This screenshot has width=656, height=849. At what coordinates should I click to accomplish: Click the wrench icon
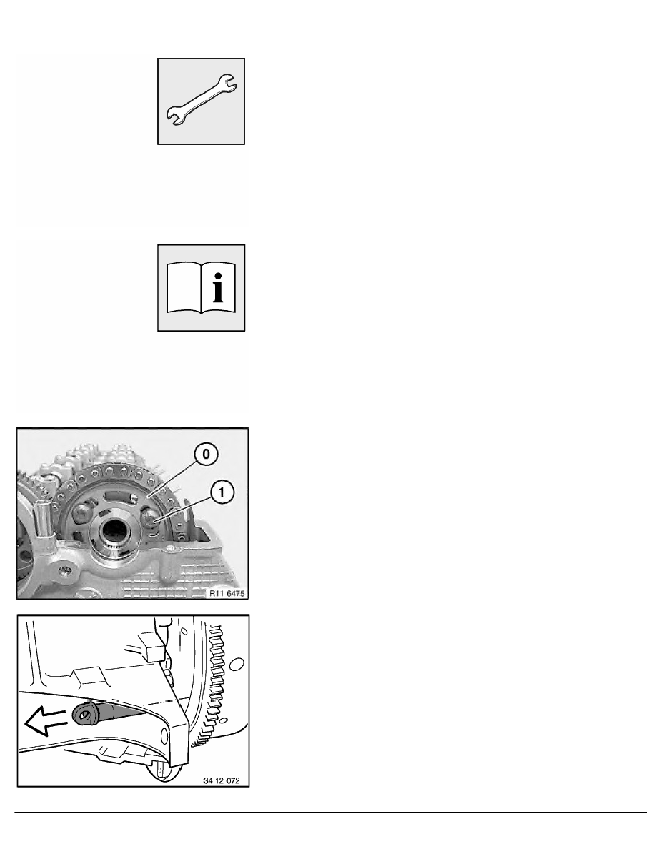(x=201, y=101)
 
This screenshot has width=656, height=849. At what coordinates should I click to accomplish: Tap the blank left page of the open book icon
(x=184, y=287)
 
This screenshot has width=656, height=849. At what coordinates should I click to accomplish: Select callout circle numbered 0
(x=207, y=454)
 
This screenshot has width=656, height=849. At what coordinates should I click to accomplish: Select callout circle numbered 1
(x=222, y=492)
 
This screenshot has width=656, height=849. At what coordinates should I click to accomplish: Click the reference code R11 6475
(x=227, y=593)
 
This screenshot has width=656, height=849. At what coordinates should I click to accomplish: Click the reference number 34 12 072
(x=222, y=780)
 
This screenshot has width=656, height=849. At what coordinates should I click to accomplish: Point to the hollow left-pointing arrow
(x=45, y=722)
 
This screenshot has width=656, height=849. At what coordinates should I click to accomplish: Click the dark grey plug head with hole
(x=84, y=714)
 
